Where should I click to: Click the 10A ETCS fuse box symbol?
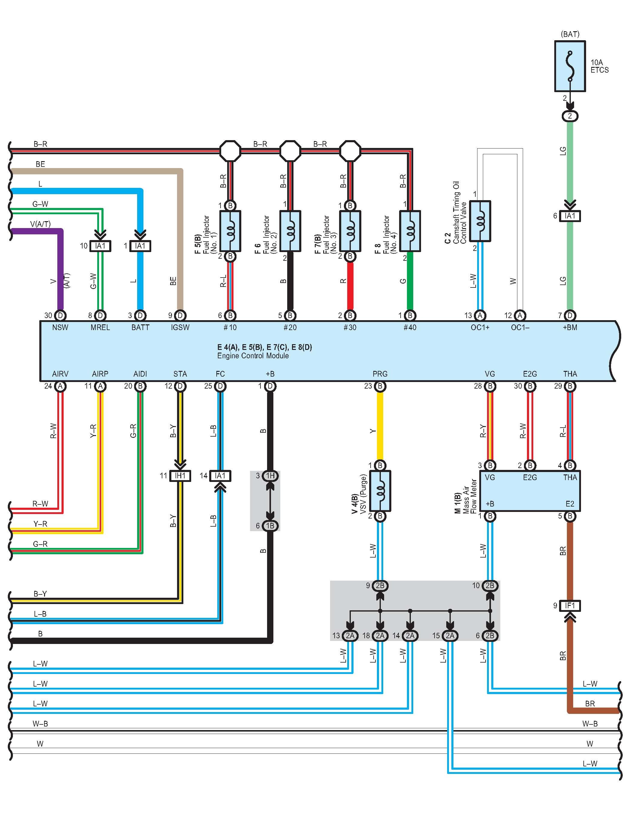coord(570,66)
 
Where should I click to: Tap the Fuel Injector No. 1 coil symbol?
coord(230,231)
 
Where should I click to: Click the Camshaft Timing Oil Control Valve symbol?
coord(480,221)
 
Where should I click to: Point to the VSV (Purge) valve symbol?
coord(380,491)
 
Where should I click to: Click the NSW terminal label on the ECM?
coord(60,327)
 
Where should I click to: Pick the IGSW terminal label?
coord(180,327)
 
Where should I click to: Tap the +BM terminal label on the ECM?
coord(570,327)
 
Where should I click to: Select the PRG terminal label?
coord(380,374)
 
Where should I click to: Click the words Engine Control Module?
coord(253,356)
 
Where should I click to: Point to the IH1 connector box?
coord(180,476)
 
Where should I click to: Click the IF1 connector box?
coord(570,606)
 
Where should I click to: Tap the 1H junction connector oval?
coord(270,476)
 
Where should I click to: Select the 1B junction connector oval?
coord(270,526)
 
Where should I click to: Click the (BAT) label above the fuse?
coord(570,34)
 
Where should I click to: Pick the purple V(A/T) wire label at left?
coord(40,224)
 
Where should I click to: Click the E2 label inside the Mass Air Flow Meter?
coord(570,504)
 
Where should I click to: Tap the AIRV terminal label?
coord(60,374)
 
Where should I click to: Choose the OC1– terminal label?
coord(520,327)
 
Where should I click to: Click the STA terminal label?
coord(180,374)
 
